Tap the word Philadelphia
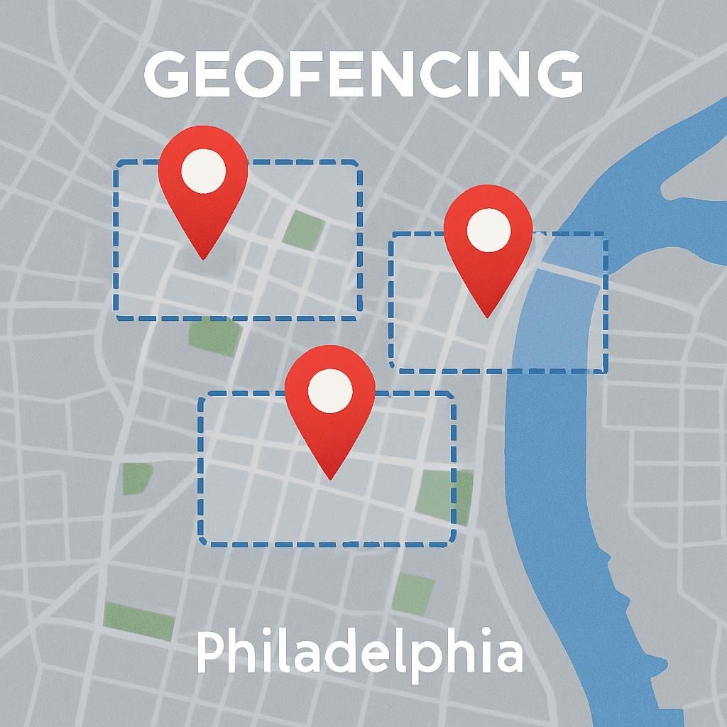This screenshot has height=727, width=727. pos(359,655)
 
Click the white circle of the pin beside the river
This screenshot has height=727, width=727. pos(488,228)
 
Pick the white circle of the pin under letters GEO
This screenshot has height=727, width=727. pos(203,171)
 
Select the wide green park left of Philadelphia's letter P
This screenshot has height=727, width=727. pos(139,621)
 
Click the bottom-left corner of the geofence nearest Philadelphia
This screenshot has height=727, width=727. pos(203,542)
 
